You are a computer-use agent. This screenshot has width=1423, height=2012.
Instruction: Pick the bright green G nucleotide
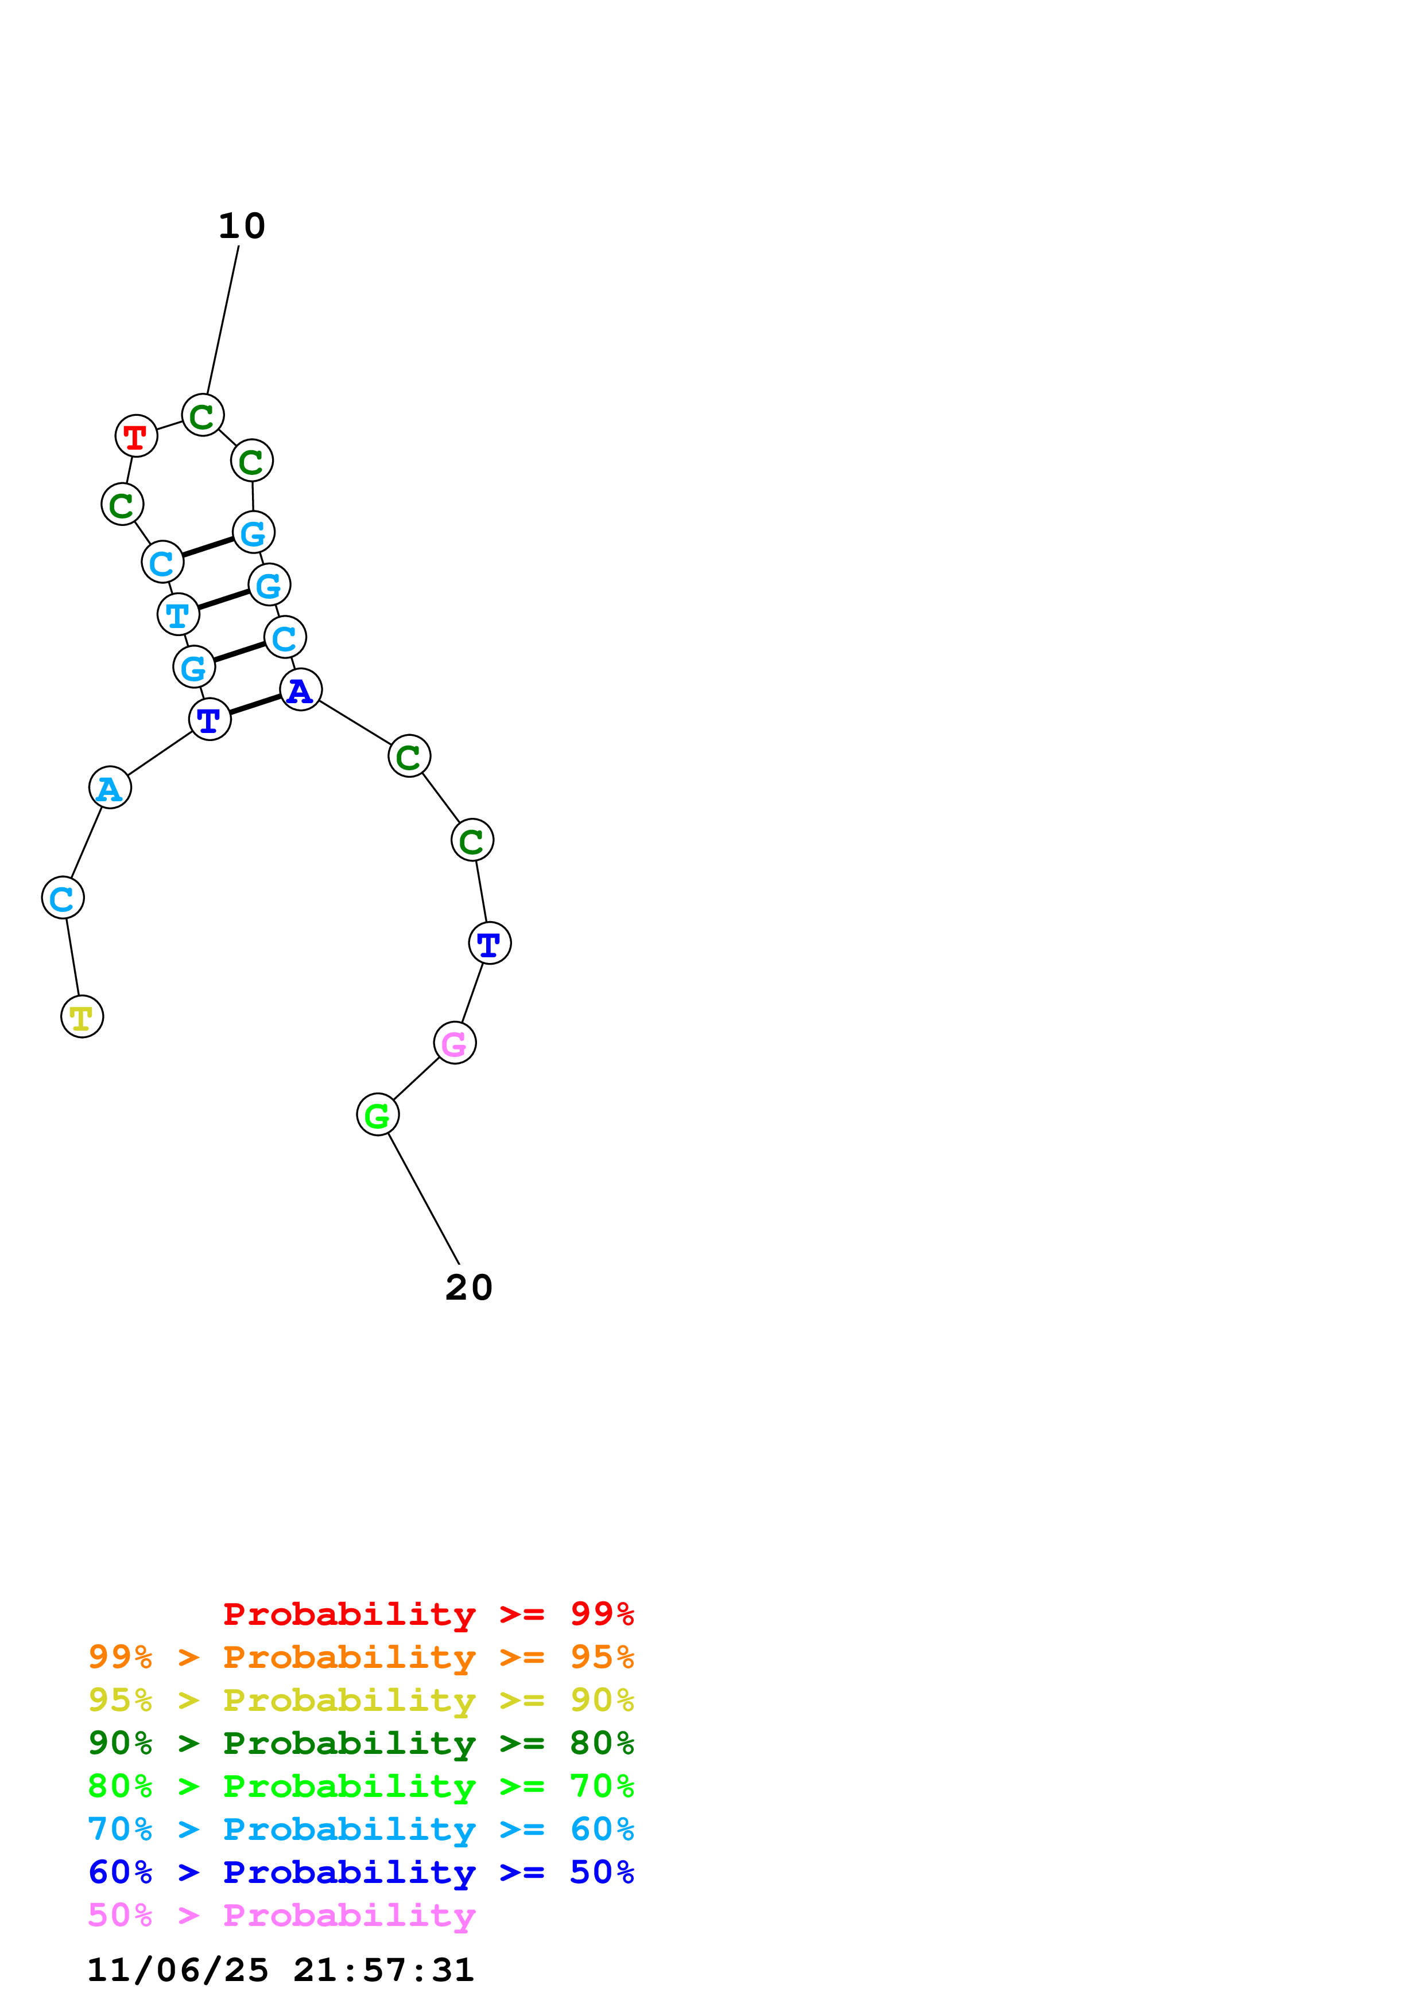377,1114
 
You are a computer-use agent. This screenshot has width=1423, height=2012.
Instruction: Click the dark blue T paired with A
210,719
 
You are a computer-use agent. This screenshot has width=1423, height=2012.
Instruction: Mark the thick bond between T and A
255,704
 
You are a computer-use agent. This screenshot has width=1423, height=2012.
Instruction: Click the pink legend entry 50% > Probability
281,1916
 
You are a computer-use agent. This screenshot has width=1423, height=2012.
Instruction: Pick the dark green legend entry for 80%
360,1743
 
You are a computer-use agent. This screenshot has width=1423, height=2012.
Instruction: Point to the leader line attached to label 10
223,320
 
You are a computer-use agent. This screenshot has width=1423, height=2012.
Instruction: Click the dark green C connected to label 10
203,415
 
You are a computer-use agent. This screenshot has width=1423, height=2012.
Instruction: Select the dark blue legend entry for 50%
360,1872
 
